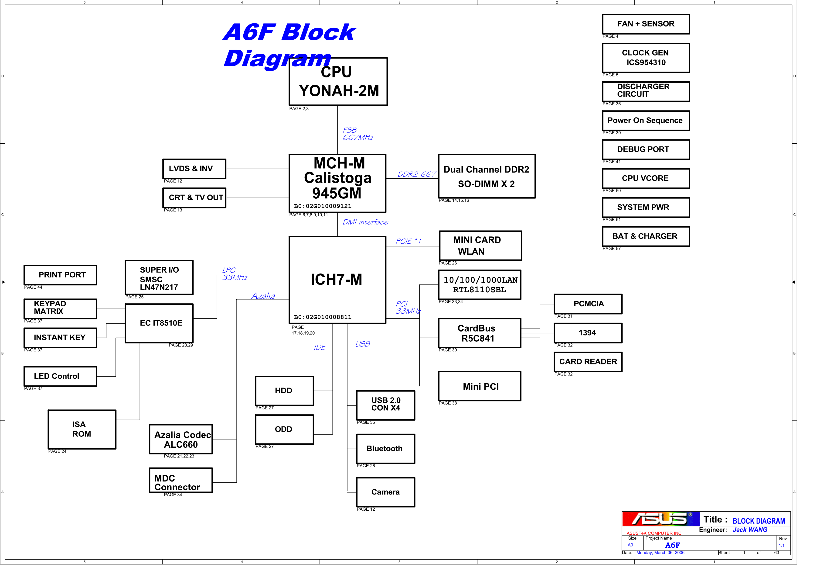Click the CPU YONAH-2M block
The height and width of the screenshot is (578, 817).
pos(338,82)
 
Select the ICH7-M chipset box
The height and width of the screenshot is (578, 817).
pos(337,280)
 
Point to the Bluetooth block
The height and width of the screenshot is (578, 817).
pos(385,449)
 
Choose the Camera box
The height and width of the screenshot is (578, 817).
pos(385,492)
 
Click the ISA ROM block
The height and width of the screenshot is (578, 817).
pos(82,429)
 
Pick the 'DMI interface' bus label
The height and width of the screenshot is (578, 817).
pos(365,222)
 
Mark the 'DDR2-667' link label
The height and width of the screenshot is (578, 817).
pos(416,174)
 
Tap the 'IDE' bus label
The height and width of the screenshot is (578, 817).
pos(319,348)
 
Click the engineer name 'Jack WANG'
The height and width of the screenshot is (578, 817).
pos(750,530)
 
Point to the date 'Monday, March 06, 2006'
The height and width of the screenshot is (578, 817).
pos(660,553)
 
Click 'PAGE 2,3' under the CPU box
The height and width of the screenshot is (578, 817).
pos(299,109)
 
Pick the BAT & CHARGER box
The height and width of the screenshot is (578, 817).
pos(646,236)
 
